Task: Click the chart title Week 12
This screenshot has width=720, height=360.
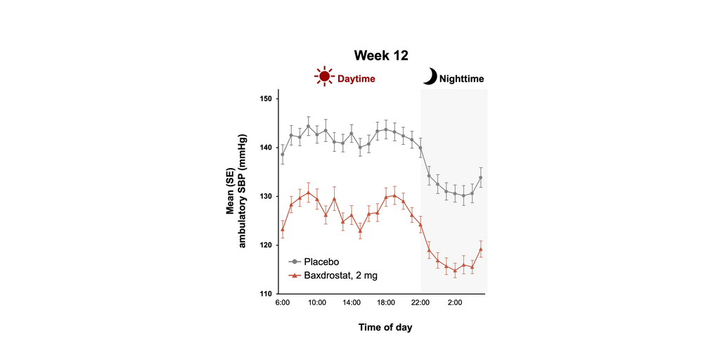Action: pyautogui.click(x=380, y=55)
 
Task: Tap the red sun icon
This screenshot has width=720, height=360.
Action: pyautogui.click(x=324, y=77)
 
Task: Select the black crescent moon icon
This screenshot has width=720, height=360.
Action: pyautogui.click(x=430, y=77)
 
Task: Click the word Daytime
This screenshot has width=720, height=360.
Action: pyautogui.click(x=356, y=79)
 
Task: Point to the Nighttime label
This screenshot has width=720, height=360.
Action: pyautogui.click(x=461, y=79)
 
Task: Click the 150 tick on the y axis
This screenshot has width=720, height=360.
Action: pyautogui.click(x=266, y=98)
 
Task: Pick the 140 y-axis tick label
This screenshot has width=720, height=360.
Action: pyautogui.click(x=266, y=148)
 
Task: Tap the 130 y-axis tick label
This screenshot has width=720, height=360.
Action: pyautogui.click(x=266, y=196)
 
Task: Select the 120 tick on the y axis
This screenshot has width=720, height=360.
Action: pyautogui.click(x=266, y=245)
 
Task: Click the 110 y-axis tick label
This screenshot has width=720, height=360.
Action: pyautogui.click(x=266, y=294)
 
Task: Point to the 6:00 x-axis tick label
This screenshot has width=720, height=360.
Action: pyautogui.click(x=283, y=303)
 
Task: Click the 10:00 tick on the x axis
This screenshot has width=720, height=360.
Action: pyautogui.click(x=317, y=303)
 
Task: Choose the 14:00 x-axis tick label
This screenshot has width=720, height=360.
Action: pyautogui.click(x=352, y=303)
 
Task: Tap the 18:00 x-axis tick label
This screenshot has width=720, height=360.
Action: pyautogui.click(x=386, y=303)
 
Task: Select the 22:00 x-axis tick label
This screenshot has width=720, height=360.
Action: pyautogui.click(x=420, y=303)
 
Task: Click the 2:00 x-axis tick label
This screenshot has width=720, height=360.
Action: pyautogui.click(x=455, y=303)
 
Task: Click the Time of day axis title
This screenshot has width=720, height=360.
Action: pyautogui.click(x=385, y=327)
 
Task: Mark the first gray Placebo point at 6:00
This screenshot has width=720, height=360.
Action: pyautogui.click(x=283, y=155)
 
